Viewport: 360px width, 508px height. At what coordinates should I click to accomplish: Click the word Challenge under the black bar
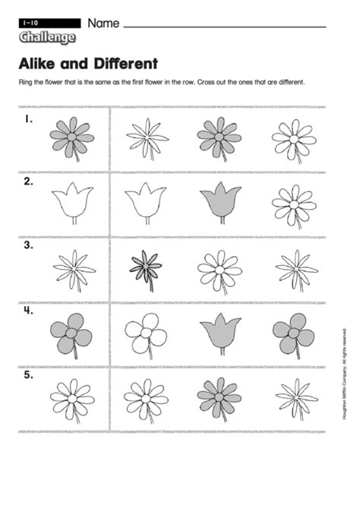47,37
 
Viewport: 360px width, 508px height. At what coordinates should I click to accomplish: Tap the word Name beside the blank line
103,24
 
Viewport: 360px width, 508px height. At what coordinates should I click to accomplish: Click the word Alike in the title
37,64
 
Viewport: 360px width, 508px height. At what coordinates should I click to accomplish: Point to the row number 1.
29,119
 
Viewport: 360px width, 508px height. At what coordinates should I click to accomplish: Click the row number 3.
29,245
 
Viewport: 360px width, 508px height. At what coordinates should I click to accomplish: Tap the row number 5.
29,375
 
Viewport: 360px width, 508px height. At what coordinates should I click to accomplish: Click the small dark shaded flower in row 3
146,267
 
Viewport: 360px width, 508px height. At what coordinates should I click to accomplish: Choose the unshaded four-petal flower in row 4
146,333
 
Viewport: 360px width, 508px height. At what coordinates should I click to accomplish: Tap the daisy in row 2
294,205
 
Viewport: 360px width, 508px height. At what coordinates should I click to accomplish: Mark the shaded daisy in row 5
219,397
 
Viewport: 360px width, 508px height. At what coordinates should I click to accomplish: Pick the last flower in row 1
294,139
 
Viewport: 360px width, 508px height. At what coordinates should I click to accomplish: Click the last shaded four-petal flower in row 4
294,333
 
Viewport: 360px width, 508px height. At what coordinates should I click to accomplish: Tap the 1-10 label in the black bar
31,23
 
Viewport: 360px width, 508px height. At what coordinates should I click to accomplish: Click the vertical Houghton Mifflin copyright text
345,374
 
